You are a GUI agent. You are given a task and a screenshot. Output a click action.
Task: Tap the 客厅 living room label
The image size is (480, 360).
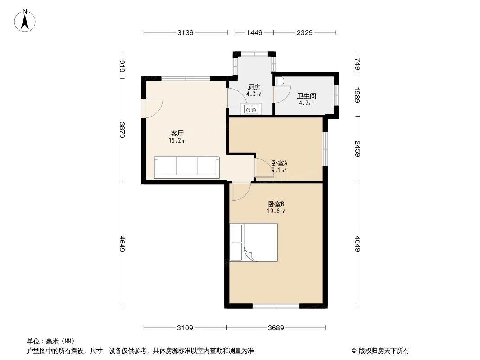point(177,133)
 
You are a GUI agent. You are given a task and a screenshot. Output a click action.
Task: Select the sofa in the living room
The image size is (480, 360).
point(186,167)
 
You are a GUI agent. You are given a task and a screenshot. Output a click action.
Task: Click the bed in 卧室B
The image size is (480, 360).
point(254,242)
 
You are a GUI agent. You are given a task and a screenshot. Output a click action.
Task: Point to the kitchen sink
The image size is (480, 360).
point(251,109)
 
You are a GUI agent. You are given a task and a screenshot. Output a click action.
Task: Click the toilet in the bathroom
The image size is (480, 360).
point(280,81)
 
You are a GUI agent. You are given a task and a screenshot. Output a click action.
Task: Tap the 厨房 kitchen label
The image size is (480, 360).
point(254,87)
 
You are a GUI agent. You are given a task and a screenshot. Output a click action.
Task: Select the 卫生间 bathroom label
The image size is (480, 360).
point(306,96)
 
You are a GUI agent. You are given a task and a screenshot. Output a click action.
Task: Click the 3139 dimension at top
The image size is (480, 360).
point(186,32)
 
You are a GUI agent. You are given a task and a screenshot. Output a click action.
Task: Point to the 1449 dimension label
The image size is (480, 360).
point(254,32)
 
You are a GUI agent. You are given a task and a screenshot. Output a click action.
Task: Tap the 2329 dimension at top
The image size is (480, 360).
point(304,32)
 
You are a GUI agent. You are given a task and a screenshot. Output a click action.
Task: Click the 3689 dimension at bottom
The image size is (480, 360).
point(276,328)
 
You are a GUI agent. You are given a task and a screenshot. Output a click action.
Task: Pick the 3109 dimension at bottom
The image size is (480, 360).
point(185,328)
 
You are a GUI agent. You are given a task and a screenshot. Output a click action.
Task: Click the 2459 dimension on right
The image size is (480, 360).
point(358,149)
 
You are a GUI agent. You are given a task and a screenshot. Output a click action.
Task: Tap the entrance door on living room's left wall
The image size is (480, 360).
point(150,108)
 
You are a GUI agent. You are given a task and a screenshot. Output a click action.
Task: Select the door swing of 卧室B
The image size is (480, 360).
point(241,192)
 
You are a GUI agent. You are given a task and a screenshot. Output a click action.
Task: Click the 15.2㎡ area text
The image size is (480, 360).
point(177,140)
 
